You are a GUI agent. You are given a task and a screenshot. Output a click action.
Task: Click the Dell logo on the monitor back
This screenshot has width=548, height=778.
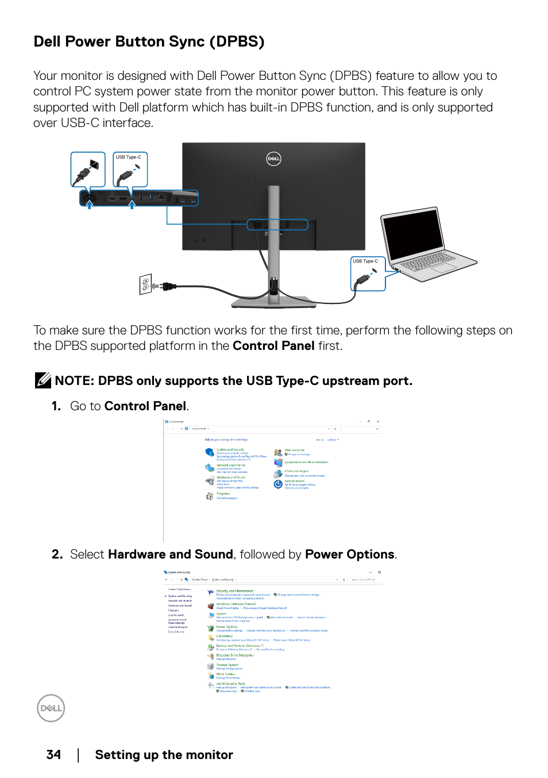tap(274, 159)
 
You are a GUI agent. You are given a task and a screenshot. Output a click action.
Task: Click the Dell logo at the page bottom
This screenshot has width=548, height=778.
tap(51, 708)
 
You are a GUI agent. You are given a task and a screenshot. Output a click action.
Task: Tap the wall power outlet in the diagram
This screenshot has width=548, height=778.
tap(145, 284)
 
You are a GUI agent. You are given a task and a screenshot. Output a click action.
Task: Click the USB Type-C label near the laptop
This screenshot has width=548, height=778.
tap(365, 261)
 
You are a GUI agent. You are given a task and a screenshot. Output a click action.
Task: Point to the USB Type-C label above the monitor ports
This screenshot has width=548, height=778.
tap(128, 157)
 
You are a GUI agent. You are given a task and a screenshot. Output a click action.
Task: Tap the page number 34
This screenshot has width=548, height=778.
tap(53, 754)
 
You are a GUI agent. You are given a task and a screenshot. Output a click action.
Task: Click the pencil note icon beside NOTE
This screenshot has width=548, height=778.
tap(43, 380)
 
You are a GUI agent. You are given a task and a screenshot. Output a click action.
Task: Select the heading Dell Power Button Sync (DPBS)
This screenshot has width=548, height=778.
tap(149, 41)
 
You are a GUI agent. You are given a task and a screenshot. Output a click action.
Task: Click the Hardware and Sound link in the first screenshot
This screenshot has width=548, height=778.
tap(231, 477)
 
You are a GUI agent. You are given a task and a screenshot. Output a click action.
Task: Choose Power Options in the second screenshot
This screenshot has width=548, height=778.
tap(226, 627)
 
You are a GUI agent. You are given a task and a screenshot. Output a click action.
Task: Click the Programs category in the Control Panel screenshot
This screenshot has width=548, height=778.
tap(223, 494)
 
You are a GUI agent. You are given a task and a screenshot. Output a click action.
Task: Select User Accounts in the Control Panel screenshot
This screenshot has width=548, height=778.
tap(295, 450)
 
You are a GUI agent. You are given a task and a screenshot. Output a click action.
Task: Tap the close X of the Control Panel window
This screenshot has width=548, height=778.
tap(377, 422)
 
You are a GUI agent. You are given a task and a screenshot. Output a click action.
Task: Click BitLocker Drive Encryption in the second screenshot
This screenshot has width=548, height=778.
tap(235, 655)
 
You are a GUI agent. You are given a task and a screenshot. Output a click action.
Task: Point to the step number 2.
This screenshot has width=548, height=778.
tap(56, 554)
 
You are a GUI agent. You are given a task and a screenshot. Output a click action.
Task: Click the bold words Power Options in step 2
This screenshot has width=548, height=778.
tap(349, 554)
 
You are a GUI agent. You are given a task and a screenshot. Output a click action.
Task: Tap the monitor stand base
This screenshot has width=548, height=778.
tap(273, 301)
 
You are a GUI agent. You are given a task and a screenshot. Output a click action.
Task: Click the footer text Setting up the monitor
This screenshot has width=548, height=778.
tap(164, 754)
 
